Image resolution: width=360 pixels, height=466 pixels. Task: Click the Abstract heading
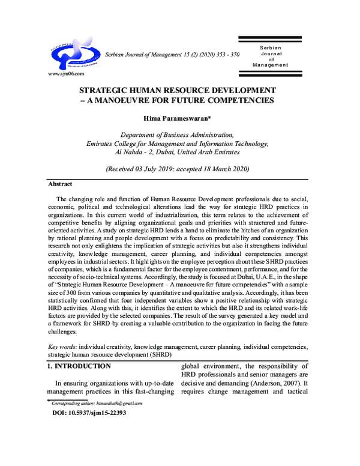pyautogui.click(x=60, y=184)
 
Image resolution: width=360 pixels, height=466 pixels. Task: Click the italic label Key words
pyautogui.click(x=62, y=347)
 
